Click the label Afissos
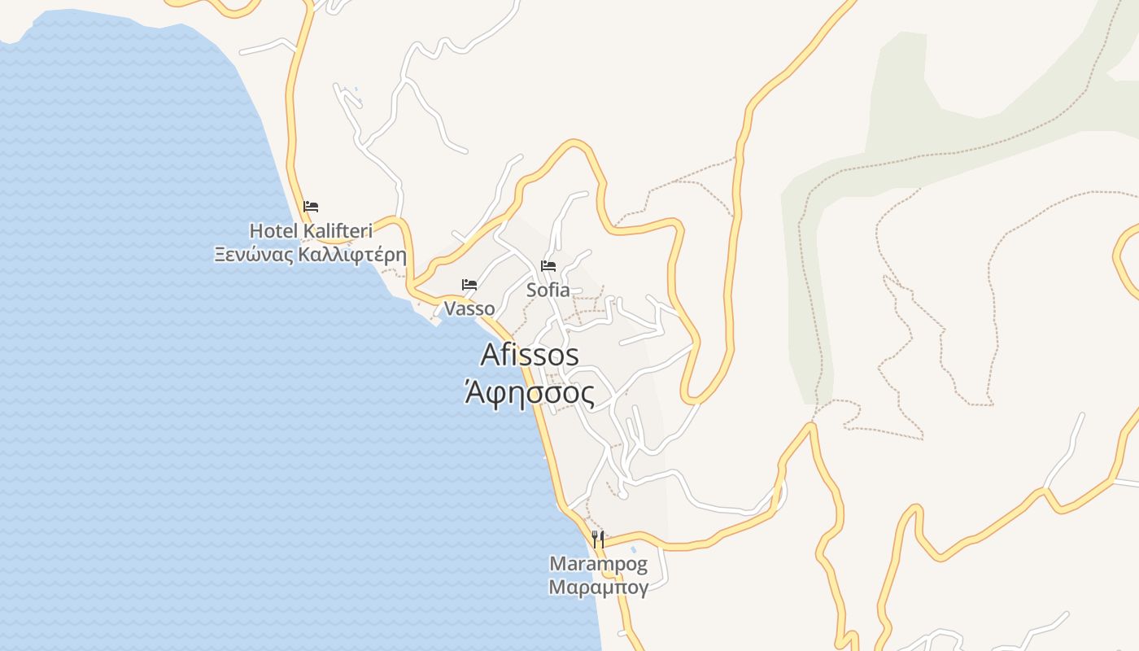click(x=530, y=355)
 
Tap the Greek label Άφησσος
click(x=530, y=393)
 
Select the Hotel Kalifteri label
click(x=311, y=231)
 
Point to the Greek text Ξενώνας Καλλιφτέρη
click(x=310, y=254)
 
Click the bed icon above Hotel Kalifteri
click(x=311, y=207)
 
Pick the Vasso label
click(x=469, y=308)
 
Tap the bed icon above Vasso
click(x=469, y=285)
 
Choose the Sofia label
click(x=548, y=290)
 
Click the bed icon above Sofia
click(x=548, y=266)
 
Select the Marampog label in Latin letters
click(x=598, y=563)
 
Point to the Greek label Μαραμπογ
click(x=598, y=587)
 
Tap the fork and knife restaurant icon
click(x=598, y=539)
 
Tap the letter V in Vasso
click(x=449, y=308)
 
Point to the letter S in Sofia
click(x=531, y=290)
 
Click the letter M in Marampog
click(x=557, y=563)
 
